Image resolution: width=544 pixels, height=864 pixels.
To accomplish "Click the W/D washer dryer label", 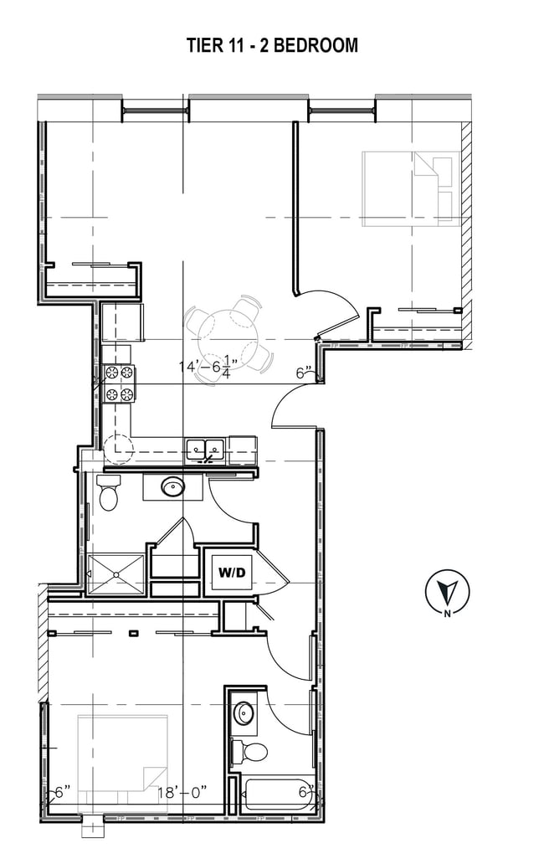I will coord(232,573).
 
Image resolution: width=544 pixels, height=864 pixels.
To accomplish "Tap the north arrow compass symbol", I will coord(448,593).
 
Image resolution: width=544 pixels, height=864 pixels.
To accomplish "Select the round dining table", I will coord(229,337).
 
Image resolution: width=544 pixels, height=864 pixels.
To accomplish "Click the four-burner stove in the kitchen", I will coord(119,383).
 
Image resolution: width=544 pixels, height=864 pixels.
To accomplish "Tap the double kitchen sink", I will coord(205,450).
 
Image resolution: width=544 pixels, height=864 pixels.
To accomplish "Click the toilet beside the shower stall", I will coord(109,493).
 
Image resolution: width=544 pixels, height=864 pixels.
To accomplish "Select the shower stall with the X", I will coord(115,573).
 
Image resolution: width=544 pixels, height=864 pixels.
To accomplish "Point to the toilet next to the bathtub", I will coord(249,750).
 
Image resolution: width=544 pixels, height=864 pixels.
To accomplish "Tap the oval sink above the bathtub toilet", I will coord(245,713).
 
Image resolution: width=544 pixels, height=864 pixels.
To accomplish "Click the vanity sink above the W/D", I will coord(173,486).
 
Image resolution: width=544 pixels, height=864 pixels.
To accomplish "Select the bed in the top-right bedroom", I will coord(409,189).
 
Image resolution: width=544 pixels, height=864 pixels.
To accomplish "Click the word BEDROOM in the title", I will coord(316,46).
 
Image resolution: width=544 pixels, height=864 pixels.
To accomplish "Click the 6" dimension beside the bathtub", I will coord(307,789).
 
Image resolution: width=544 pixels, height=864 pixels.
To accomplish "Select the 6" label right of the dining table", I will coord(303,373).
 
